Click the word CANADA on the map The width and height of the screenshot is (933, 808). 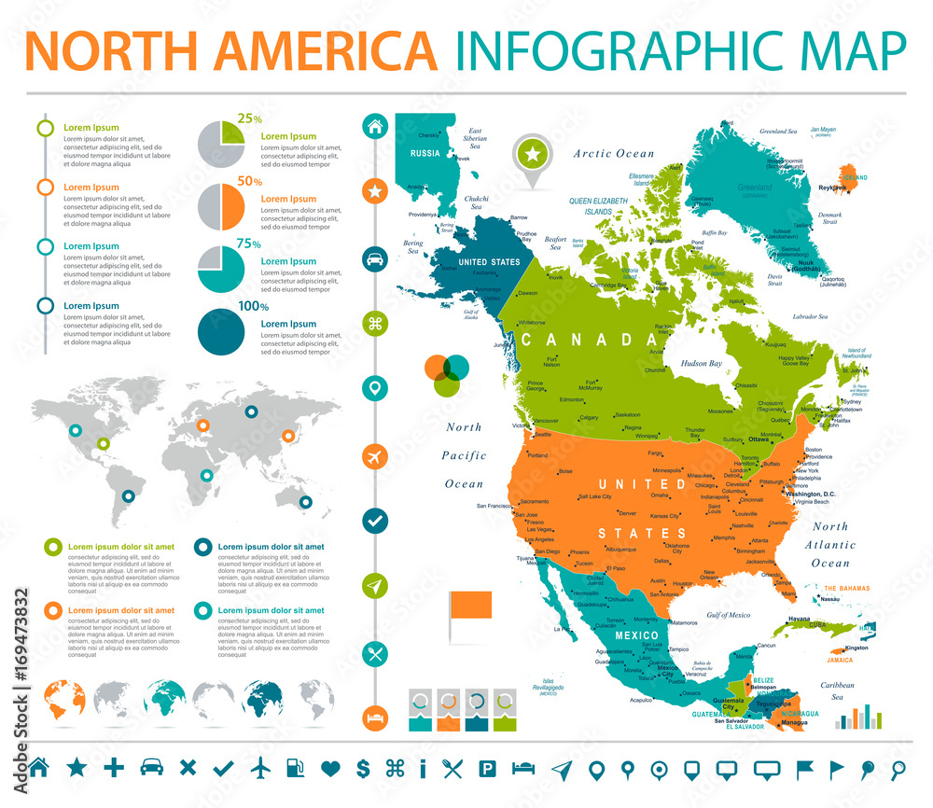(590, 339)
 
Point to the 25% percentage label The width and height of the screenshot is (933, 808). (249, 118)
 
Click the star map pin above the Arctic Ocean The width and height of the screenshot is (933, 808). (533, 154)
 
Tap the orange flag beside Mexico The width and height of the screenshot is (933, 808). (473, 606)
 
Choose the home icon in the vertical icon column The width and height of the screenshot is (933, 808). (375, 127)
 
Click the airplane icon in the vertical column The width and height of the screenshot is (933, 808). (375, 457)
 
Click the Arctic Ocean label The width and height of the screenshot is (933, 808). (614, 153)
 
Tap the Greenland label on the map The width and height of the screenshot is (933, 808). (755, 188)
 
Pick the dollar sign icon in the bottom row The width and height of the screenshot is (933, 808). (364, 769)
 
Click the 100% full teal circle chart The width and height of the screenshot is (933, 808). (221, 331)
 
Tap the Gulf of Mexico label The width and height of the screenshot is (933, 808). (728, 615)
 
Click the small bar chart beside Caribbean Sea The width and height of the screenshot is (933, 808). (858, 718)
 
